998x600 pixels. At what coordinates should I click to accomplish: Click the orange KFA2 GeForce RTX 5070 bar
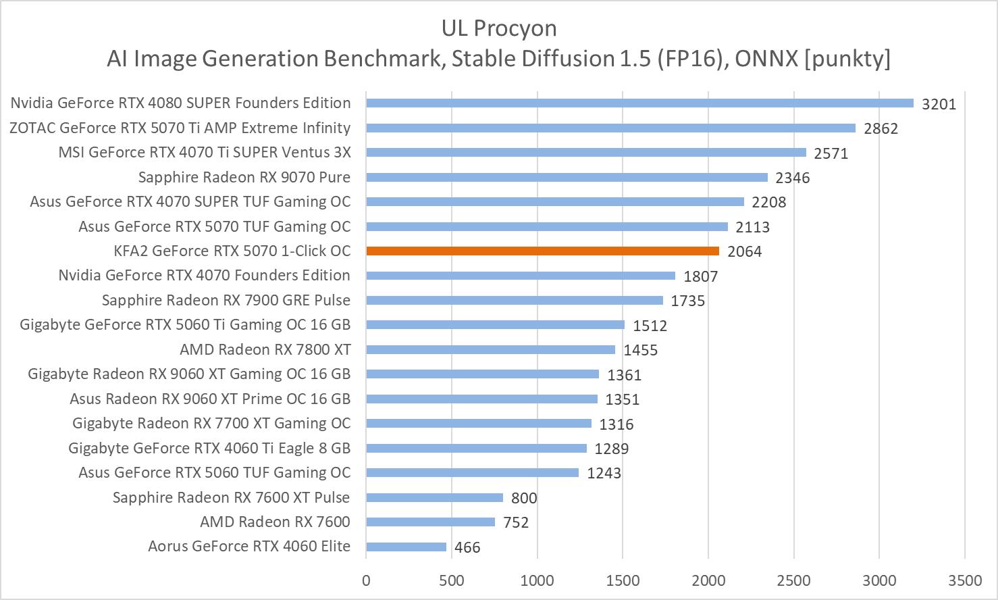(x=542, y=251)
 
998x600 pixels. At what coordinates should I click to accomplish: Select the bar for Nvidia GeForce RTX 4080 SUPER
(x=639, y=103)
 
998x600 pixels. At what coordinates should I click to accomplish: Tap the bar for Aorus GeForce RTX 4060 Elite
(x=406, y=547)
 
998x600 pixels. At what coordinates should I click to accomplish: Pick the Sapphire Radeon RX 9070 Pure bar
(x=567, y=177)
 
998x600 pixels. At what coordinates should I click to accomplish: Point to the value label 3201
(x=939, y=104)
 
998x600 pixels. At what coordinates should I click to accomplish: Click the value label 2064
(x=744, y=252)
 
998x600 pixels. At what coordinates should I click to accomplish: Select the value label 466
(x=467, y=548)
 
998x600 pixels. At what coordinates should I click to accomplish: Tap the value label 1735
(x=688, y=301)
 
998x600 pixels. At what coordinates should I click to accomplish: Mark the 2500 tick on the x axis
(x=793, y=580)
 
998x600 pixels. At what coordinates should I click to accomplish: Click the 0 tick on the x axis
(x=366, y=580)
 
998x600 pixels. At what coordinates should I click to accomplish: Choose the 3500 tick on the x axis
(x=965, y=580)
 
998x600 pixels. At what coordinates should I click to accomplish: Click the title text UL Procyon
(x=499, y=28)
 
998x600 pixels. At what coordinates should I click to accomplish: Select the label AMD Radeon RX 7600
(x=275, y=522)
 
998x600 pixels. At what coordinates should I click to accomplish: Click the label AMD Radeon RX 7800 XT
(x=265, y=349)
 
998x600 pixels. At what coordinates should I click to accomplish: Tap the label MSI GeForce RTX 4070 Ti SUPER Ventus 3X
(x=205, y=152)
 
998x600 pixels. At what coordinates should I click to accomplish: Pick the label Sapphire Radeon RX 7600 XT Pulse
(x=231, y=497)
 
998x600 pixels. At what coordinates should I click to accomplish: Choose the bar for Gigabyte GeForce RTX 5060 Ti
(x=495, y=324)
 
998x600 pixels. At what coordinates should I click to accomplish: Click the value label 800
(x=524, y=499)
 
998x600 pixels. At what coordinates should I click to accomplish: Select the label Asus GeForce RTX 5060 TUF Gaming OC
(x=214, y=472)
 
